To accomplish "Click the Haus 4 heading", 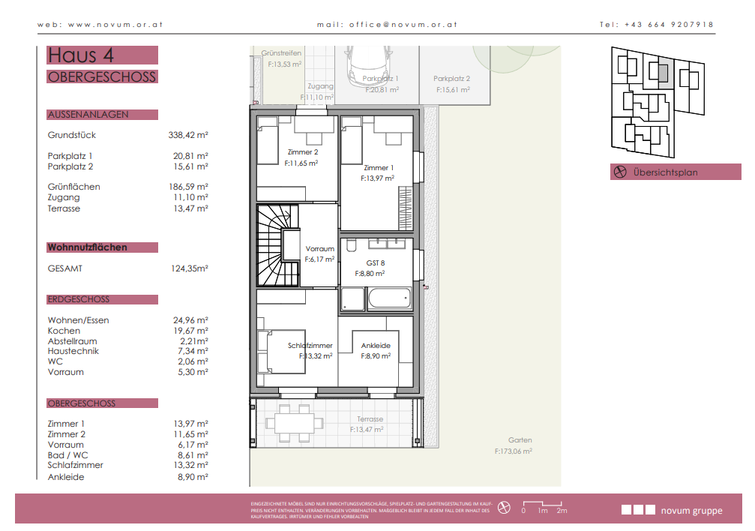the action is point(80,55).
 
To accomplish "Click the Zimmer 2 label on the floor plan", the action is point(303,152).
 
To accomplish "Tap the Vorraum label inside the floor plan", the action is point(319,249).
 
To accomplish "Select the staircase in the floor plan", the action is point(278,246).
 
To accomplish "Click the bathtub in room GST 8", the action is point(390,298).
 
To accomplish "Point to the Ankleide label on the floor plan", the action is point(376,346).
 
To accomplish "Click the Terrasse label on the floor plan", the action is point(370,419).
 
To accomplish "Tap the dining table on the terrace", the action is point(294,424).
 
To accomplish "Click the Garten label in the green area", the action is point(520,440).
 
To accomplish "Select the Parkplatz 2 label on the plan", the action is point(451,79).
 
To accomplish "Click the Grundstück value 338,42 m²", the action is point(187,135).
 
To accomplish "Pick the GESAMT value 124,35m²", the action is point(189,268).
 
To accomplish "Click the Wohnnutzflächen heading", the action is point(87,247).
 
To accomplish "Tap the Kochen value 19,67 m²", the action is point(190,331).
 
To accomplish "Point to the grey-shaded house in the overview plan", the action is point(663,73).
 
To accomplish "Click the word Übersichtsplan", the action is point(666,172).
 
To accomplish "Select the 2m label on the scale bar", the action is point(562,511).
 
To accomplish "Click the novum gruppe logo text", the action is point(691,511).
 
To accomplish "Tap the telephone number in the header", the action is point(669,25).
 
